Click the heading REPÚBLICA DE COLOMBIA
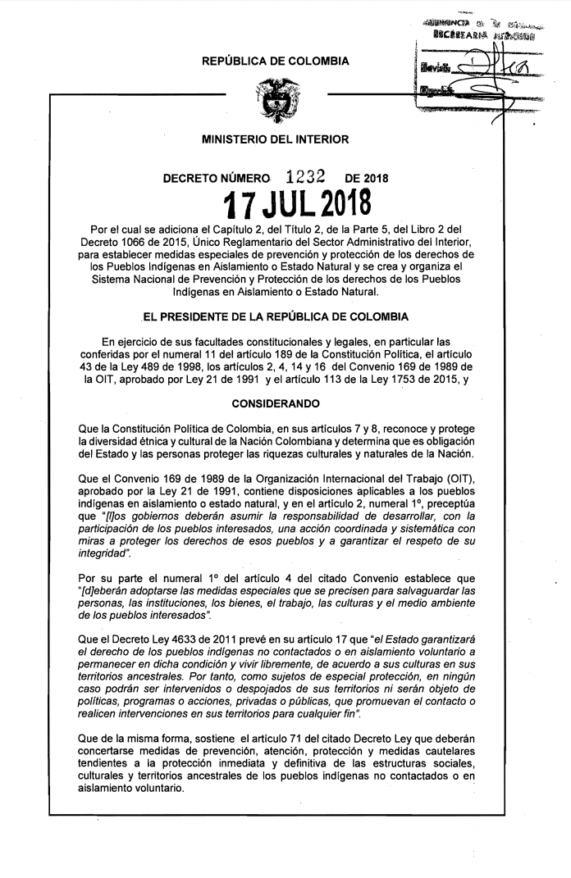tap(276, 61)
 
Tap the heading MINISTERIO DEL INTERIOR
tap(276, 139)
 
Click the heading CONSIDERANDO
tap(276, 404)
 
